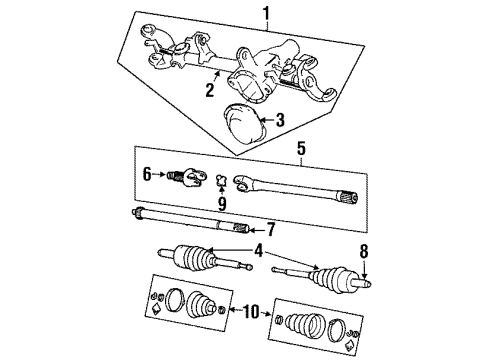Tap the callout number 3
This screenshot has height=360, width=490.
[x=279, y=120]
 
